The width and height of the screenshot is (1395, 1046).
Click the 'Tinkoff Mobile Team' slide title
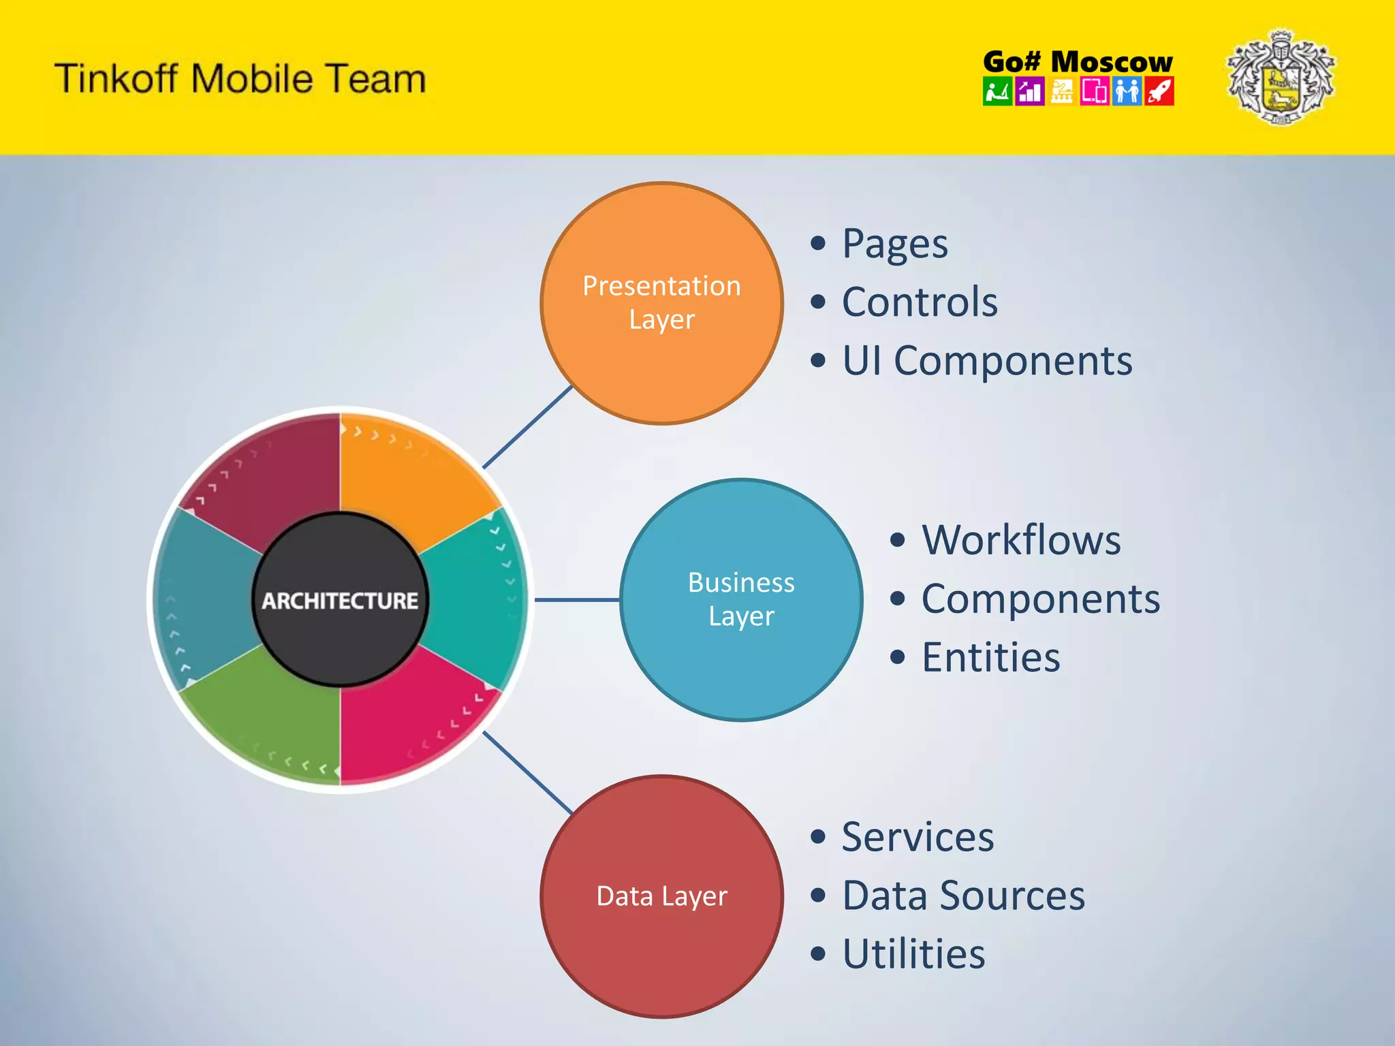(240, 78)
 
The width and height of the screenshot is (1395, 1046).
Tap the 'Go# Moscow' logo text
(1078, 62)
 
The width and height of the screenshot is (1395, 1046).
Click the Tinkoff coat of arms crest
(1281, 77)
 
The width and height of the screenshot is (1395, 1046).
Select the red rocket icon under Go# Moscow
(1159, 91)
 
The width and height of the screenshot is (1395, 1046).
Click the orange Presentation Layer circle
(661, 303)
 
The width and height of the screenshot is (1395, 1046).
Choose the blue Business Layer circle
(741, 599)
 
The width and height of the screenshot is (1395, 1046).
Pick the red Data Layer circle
(661, 896)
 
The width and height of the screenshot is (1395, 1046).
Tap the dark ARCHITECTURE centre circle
(340, 600)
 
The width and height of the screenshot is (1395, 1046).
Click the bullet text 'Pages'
(894, 244)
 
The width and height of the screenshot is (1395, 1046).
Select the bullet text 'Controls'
(920, 302)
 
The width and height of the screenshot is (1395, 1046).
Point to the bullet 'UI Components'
(987, 361)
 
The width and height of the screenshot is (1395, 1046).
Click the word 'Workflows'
(1021, 541)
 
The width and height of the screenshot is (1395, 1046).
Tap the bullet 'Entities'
(990, 658)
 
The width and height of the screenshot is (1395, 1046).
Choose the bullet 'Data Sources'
(963, 896)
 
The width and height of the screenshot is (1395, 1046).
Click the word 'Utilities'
(913, 954)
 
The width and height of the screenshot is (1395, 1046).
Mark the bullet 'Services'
(918, 837)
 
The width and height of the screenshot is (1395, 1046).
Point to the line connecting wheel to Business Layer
(577, 600)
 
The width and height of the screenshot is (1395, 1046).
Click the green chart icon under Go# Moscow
(997, 91)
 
